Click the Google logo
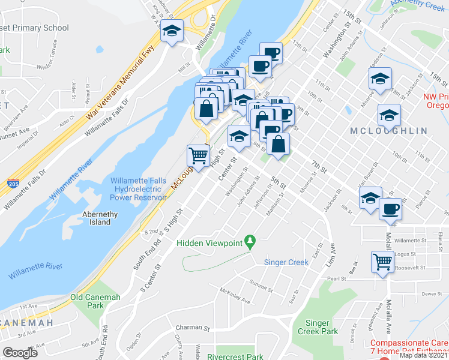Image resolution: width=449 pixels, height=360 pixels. pyautogui.click(x=20, y=353)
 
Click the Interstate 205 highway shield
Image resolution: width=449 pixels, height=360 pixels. pyautogui.click(x=13, y=184)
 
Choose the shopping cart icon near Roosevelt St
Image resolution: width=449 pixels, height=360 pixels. pyautogui.click(x=382, y=261)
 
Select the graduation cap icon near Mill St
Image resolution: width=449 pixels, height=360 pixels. pyautogui.click(x=172, y=31)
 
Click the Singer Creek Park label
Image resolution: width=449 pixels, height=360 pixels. pyautogui.click(x=318, y=327)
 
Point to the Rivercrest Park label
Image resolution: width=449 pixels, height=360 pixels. pyautogui.click(x=235, y=356)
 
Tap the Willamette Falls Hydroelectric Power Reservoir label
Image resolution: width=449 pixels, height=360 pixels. pyautogui.click(x=138, y=189)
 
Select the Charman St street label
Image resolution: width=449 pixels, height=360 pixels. pyautogui.click(x=192, y=328)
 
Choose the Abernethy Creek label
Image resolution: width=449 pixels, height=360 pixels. pyautogui.click(x=418, y=5)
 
